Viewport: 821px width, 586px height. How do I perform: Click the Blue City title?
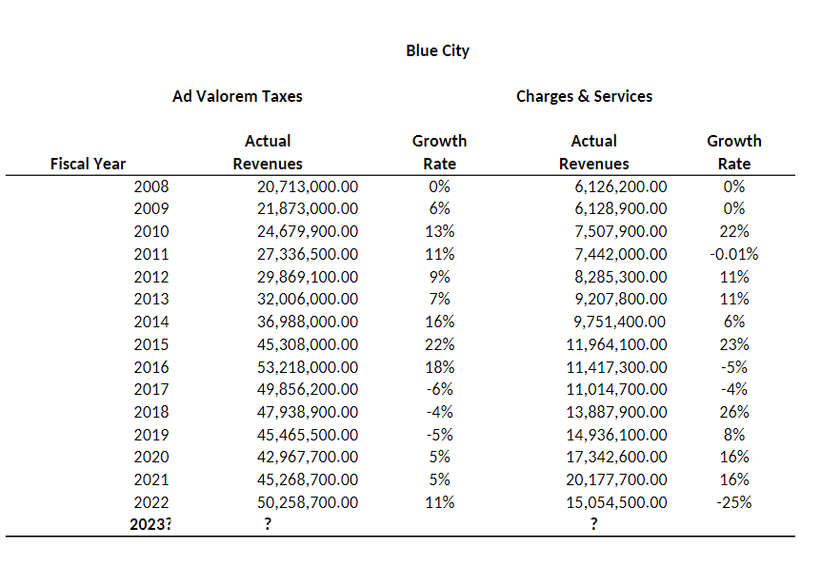(437, 50)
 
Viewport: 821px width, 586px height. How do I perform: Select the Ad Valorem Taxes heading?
(237, 96)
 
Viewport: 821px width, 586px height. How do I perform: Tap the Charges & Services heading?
(584, 96)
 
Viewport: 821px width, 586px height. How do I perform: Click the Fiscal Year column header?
(88, 164)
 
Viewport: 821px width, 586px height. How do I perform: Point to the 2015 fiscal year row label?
(151, 344)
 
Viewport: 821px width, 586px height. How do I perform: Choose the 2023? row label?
(150, 525)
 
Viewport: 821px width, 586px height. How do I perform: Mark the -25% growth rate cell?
(734, 502)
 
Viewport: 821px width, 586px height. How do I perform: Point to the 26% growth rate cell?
(734, 412)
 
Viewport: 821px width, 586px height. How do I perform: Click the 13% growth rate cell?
(439, 231)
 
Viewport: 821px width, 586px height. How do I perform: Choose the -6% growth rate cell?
(439, 389)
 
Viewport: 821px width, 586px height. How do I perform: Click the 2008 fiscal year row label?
(151, 186)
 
